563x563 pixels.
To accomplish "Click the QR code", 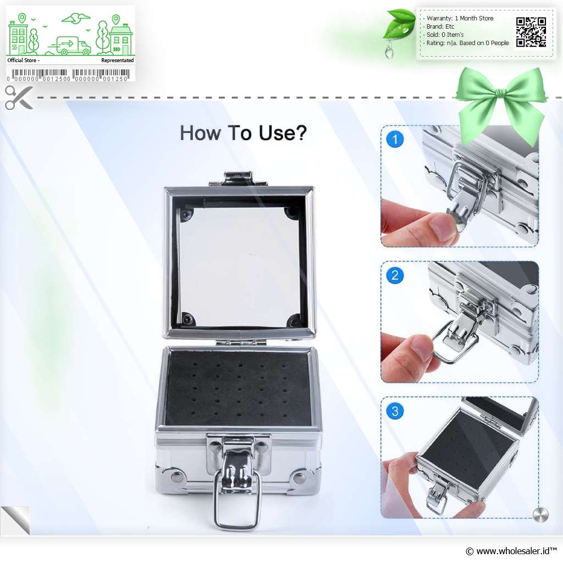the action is [x=531, y=32].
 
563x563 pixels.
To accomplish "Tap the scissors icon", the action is [x=19, y=97].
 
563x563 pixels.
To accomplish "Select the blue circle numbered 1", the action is [x=395, y=139].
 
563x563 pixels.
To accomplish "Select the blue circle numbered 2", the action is [x=395, y=275].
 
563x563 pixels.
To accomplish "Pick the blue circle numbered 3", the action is [x=395, y=411].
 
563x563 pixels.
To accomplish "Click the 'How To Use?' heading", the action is [x=243, y=133].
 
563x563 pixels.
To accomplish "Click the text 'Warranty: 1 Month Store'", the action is [x=460, y=18].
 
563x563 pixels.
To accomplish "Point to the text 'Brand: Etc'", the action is [x=440, y=26].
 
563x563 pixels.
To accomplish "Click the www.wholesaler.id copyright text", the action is [x=511, y=551].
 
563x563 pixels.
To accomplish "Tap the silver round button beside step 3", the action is [x=540, y=515].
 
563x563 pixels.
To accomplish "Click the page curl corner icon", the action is [x=16, y=521].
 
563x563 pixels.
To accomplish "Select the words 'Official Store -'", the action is [x=23, y=60].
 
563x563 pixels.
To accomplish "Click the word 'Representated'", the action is [x=118, y=60].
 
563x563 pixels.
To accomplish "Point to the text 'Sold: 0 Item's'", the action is [x=445, y=35].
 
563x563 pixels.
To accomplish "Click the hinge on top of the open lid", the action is [x=239, y=179].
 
